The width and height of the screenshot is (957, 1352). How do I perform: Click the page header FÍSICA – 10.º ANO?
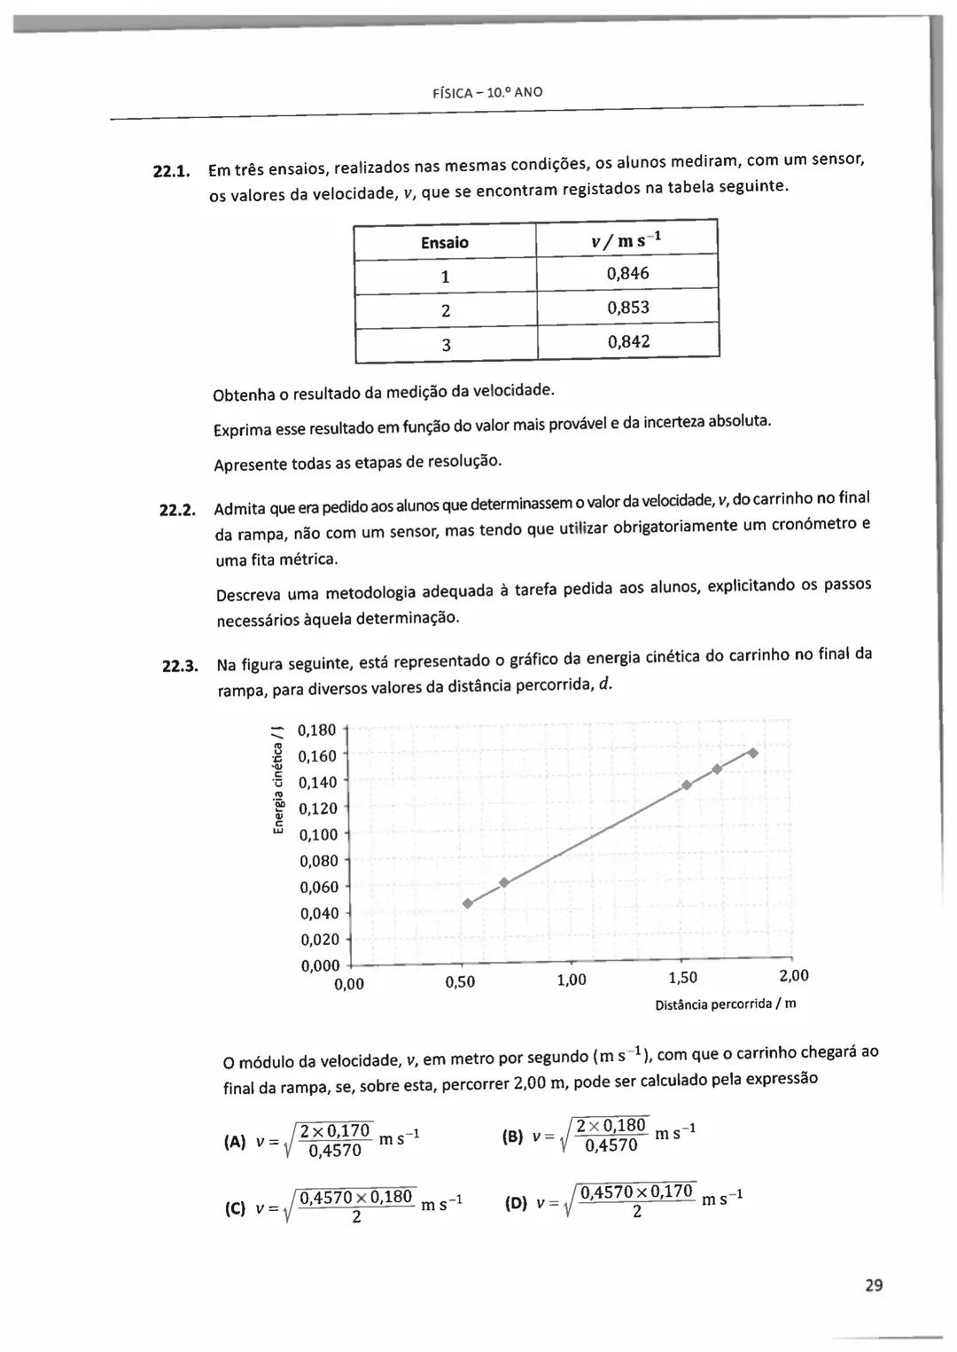tap(487, 92)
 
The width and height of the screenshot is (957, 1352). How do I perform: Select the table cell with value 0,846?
tap(627, 273)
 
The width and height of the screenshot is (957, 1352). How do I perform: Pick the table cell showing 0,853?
tap(627, 308)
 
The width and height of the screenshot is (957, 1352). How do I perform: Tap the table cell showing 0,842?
tap(628, 342)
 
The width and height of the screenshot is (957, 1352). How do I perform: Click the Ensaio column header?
tap(445, 242)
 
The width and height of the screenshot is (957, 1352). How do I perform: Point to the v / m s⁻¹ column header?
tap(626, 240)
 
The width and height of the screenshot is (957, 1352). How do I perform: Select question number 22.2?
tap(176, 510)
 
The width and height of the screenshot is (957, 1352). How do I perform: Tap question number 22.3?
tap(180, 666)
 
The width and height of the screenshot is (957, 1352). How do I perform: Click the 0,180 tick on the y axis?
tap(317, 731)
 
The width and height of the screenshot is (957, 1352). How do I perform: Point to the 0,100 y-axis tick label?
tap(318, 834)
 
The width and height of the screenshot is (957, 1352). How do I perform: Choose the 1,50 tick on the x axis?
tap(682, 978)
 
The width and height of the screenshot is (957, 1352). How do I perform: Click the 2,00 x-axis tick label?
tap(793, 976)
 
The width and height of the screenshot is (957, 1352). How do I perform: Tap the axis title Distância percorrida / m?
tap(725, 1004)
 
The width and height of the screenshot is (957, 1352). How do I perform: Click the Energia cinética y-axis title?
tap(278, 779)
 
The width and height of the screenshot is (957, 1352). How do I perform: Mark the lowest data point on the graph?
tap(468, 903)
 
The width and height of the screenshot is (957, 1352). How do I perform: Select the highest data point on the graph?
tap(752, 753)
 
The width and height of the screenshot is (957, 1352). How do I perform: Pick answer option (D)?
tap(516, 1203)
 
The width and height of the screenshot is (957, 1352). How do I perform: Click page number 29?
tap(874, 1285)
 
